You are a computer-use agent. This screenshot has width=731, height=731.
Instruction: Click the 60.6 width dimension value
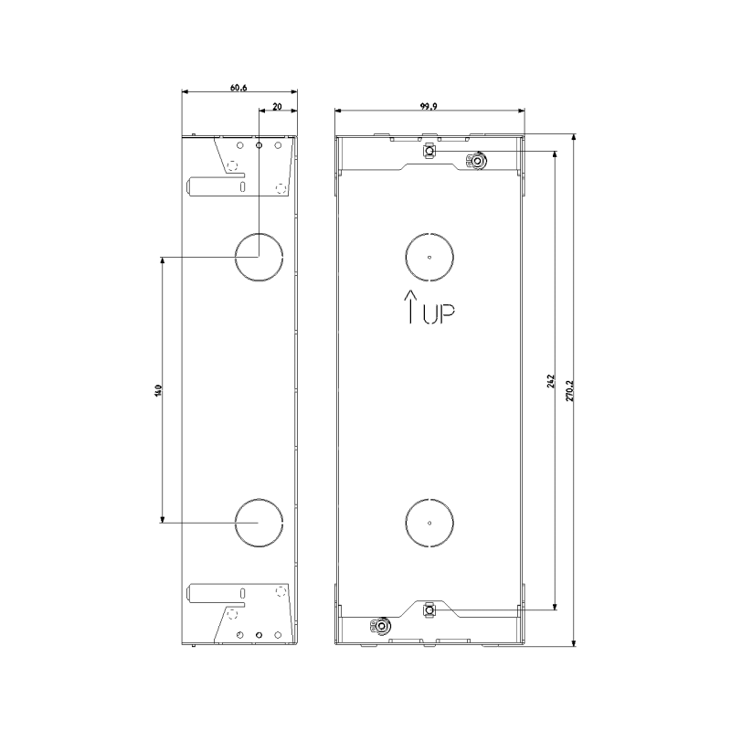238,88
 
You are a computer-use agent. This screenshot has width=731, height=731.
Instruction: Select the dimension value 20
277,107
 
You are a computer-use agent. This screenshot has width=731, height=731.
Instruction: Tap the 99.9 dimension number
429,106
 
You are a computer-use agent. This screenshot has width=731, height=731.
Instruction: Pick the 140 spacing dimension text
158,390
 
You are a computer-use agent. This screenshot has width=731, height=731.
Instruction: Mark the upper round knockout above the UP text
429,257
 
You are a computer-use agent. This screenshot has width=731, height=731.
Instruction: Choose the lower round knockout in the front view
429,522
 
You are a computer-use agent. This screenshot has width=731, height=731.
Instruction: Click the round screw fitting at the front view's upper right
475,162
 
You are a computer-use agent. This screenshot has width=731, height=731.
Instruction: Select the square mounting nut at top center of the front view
429,152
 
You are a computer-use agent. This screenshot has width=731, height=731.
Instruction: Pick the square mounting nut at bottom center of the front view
429,607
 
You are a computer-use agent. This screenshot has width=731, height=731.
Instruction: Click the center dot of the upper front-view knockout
429,257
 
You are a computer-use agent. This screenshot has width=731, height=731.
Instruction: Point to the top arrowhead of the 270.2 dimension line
573,138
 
